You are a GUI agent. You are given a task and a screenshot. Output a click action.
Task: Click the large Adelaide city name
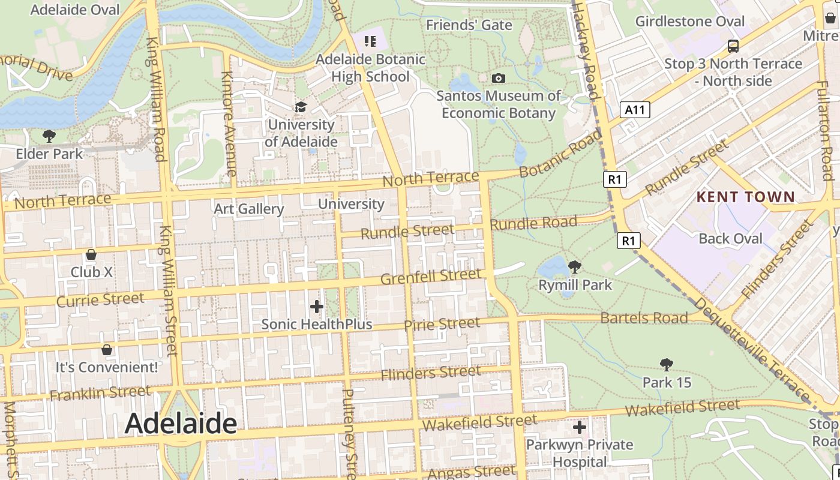[x=181, y=424]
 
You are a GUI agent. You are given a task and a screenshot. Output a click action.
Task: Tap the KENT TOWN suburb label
[x=745, y=197]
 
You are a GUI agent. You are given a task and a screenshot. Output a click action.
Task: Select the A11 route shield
[x=635, y=109]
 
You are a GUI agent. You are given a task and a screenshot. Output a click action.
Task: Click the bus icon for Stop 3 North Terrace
[x=733, y=46]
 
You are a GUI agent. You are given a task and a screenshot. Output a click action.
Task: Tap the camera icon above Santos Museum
[x=498, y=78]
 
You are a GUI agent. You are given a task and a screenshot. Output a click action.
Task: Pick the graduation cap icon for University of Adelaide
[x=300, y=107]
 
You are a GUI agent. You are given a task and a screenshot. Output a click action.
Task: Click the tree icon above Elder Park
[x=49, y=136]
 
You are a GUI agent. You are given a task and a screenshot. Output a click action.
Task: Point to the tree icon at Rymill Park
[x=575, y=266]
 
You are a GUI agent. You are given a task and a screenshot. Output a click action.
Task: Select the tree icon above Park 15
[x=666, y=364]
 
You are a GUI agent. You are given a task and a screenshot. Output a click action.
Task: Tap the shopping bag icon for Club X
[x=91, y=254]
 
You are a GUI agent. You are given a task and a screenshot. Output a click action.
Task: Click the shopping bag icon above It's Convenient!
[x=107, y=349]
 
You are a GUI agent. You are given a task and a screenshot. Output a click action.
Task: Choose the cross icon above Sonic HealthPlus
[x=317, y=307]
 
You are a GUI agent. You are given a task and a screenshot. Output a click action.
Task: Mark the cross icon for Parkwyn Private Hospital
[x=579, y=427]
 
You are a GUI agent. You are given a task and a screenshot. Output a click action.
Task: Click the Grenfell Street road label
[x=431, y=277]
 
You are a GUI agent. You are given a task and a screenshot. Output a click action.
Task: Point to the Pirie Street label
[x=442, y=325]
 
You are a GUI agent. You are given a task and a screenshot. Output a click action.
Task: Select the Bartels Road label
[x=644, y=317]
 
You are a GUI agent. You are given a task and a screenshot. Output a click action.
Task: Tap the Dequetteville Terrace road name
[x=757, y=350]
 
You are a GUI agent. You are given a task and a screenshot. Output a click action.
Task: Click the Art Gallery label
[x=249, y=209]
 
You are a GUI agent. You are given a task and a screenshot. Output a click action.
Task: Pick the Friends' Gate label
[x=469, y=25]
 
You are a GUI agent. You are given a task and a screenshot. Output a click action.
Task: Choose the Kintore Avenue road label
[x=229, y=124]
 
